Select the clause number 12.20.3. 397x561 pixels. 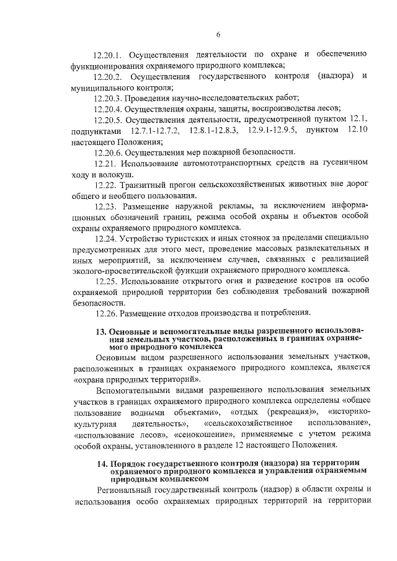107,98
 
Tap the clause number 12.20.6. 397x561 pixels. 107,152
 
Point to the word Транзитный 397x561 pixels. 144,185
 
